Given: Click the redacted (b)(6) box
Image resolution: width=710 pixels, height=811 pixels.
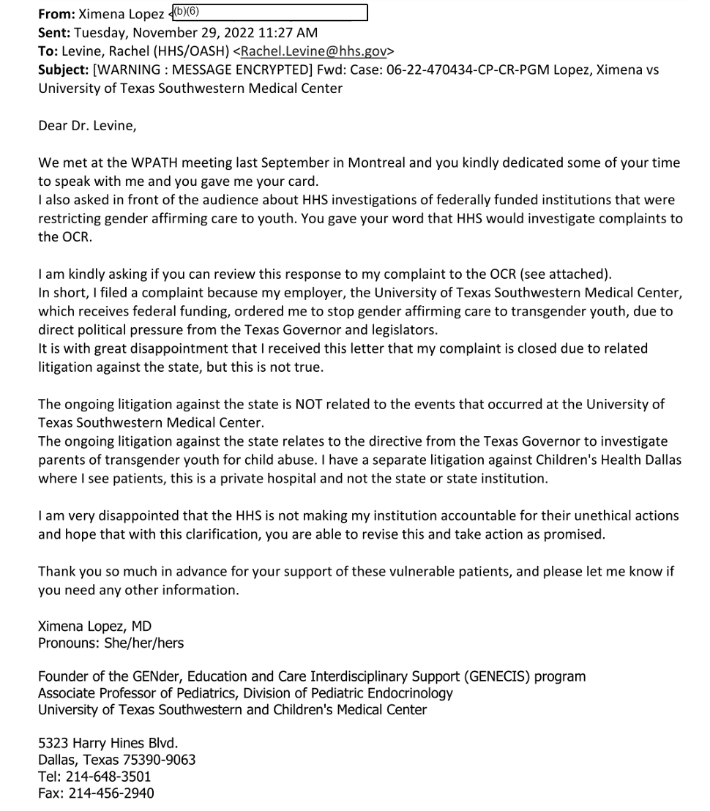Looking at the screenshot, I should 268,13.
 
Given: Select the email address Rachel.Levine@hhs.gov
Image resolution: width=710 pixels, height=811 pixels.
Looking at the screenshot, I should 315,51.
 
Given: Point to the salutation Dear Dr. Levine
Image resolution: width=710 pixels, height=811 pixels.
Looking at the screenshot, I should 87,125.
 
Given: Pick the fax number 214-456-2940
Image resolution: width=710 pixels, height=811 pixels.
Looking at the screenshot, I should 111,793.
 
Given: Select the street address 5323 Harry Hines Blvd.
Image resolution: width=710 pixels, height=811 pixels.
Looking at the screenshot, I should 108,742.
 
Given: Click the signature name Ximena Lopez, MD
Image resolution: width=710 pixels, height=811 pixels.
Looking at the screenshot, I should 94,627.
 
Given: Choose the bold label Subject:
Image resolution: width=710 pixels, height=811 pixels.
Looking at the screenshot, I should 63,70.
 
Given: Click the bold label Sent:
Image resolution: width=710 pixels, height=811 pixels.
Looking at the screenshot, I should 54,32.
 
